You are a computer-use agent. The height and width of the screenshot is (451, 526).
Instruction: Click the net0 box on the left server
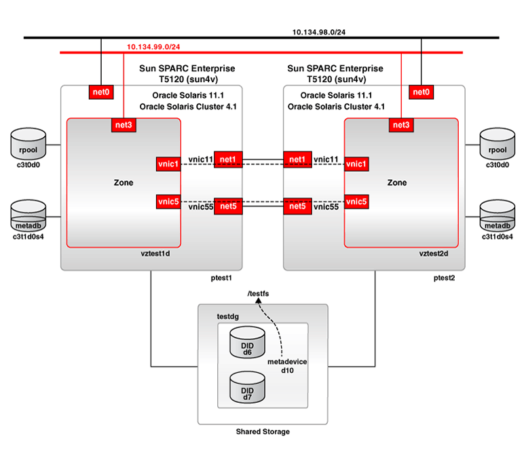[101, 92]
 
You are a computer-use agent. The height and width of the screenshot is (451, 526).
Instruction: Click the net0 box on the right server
[421, 92]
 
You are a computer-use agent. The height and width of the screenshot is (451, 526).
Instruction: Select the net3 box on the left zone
[124, 124]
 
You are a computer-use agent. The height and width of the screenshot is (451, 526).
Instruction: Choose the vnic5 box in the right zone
[356, 202]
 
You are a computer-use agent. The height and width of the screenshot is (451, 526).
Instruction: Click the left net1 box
[228, 159]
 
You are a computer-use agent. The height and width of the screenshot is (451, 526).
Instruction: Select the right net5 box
[297, 206]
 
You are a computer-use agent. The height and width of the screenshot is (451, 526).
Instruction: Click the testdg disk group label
[228, 317]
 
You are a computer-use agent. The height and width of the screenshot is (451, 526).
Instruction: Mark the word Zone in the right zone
[397, 183]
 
